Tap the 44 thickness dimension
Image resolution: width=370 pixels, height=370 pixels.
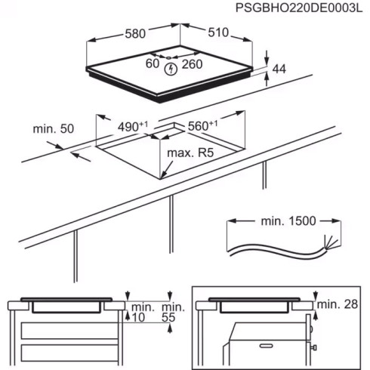click(279, 70)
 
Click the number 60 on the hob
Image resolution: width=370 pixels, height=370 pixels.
click(152, 64)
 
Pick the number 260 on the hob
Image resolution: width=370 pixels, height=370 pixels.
click(193, 64)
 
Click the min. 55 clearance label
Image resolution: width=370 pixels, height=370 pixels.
click(173, 313)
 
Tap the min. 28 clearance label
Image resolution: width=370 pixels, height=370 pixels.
click(338, 304)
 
